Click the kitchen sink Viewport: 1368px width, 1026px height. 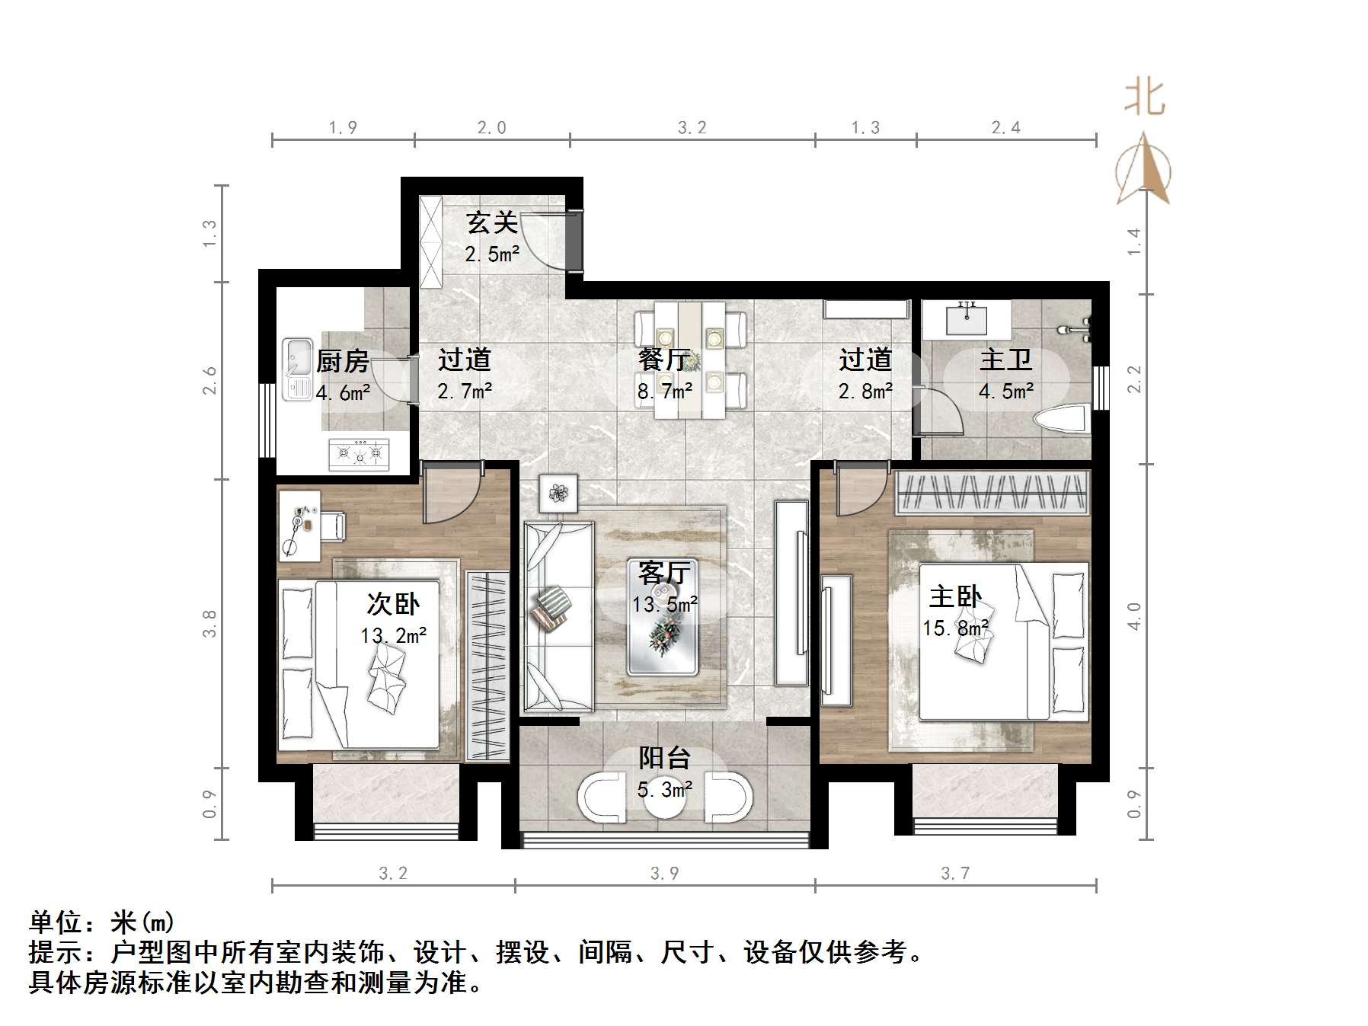tap(297, 369)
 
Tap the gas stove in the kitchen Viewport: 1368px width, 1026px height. tap(359, 454)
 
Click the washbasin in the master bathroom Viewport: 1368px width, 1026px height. tap(967, 318)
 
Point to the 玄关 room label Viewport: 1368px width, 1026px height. tap(492, 222)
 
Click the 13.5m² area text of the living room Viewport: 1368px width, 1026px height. tap(664, 605)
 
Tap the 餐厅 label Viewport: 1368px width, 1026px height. tap(664, 360)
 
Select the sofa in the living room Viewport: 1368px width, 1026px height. tap(558, 617)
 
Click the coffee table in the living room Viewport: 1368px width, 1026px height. tap(663, 617)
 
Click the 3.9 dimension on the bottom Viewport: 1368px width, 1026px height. tap(664, 873)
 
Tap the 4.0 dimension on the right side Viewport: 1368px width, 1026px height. tap(1134, 615)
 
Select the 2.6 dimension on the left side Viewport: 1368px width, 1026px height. tap(209, 380)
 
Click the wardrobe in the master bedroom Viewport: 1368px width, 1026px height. tap(991, 492)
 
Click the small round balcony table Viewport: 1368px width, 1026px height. tap(664, 797)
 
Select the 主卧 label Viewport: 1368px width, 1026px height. tap(955, 596)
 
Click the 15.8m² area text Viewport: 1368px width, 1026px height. tap(955, 628)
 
